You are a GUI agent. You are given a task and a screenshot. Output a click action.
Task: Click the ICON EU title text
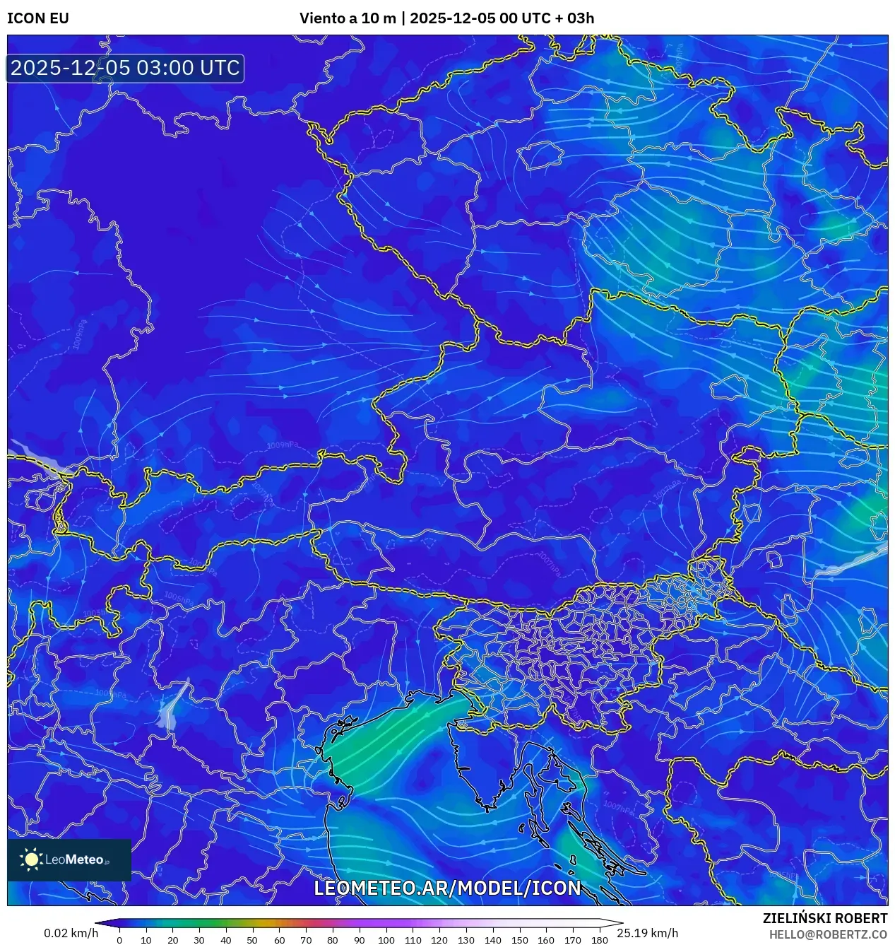click(38, 18)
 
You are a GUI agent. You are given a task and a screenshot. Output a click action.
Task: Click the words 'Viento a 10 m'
click(348, 18)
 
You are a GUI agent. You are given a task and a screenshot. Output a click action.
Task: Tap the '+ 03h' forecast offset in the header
click(574, 18)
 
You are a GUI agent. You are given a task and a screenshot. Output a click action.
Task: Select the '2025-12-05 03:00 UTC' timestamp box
click(125, 68)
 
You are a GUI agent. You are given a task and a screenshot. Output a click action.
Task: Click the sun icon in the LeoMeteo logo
click(31, 859)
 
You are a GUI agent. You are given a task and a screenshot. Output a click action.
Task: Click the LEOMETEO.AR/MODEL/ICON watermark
click(447, 888)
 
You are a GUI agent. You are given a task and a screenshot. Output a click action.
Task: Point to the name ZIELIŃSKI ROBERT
click(824, 918)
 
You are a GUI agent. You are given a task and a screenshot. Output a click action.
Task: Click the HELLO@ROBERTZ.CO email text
click(828, 934)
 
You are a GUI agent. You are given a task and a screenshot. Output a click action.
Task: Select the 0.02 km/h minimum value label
click(71, 933)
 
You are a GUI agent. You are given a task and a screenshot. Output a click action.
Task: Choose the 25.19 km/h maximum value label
click(647, 933)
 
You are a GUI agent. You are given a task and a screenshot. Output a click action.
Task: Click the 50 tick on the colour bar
click(252, 939)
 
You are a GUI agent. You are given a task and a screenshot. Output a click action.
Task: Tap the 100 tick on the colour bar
click(386, 939)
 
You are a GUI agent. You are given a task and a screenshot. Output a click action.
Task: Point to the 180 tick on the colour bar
click(599, 939)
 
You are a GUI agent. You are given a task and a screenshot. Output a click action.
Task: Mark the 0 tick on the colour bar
click(119, 939)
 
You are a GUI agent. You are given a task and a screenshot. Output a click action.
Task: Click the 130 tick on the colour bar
click(466, 939)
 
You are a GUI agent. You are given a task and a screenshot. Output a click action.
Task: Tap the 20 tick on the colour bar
click(172, 939)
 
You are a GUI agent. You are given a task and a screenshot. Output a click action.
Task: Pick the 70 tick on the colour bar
click(306, 939)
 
